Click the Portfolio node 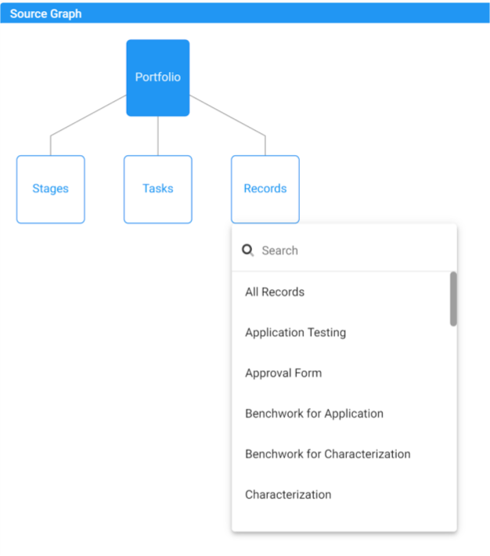pyautogui.click(x=158, y=78)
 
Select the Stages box pyautogui.click(x=51, y=190)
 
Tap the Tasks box pyautogui.click(x=158, y=190)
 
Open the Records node pyautogui.click(x=265, y=190)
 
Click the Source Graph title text pyautogui.click(x=45, y=14)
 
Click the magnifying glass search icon pyautogui.click(x=248, y=251)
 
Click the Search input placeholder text pyautogui.click(x=279, y=251)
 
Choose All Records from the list pyautogui.click(x=275, y=292)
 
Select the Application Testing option pyautogui.click(x=296, y=333)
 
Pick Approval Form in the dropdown pyautogui.click(x=283, y=373)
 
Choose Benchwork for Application pyautogui.click(x=315, y=413)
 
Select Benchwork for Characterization pyautogui.click(x=328, y=454)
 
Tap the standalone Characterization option pyautogui.click(x=288, y=494)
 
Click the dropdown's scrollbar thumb pyautogui.click(x=453, y=299)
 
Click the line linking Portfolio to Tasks pyautogui.click(x=158, y=135)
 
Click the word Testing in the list pyautogui.click(x=327, y=333)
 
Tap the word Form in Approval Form pyautogui.click(x=308, y=373)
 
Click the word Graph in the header pyautogui.click(x=66, y=14)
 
